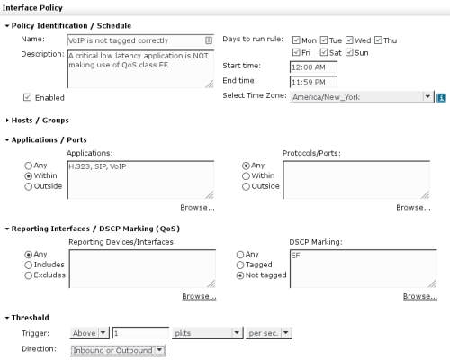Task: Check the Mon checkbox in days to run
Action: (296, 40)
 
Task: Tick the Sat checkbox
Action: (324, 52)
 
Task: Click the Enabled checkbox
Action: (27, 97)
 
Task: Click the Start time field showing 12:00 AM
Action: (313, 67)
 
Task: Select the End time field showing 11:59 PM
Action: (313, 82)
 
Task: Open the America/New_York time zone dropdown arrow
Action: (427, 97)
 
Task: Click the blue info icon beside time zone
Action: (441, 98)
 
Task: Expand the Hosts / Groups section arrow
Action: (7, 121)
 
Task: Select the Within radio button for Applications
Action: (29, 176)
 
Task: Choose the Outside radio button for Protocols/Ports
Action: (246, 186)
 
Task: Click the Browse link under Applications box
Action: (197, 208)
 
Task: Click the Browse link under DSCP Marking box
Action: (420, 296)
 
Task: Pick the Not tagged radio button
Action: (240, 275)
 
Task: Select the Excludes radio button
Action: (29, 275)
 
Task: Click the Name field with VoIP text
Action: (140, 40)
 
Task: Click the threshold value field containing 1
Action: (140, 333)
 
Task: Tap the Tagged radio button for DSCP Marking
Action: (240, 265)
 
